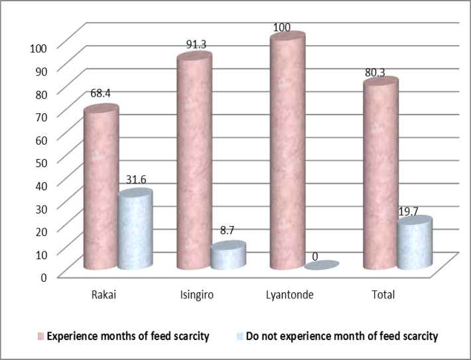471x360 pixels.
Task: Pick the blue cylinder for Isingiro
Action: click(x=228, y=256)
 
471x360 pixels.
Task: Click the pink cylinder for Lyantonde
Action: click(x=288, y=152)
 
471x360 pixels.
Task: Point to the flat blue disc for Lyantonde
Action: click(x=322, y=265)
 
